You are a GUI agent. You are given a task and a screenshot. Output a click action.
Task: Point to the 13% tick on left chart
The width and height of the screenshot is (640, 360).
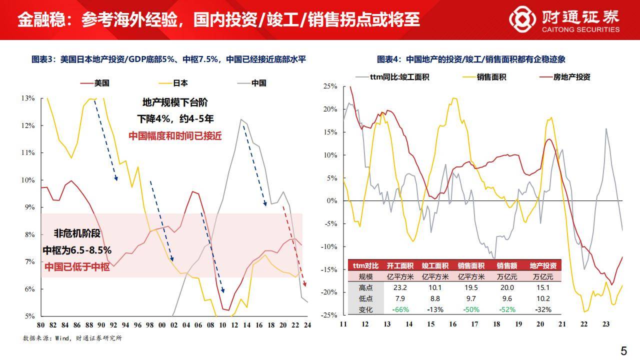point(28,98)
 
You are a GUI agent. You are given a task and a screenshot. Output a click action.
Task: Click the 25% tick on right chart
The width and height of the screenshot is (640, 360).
point(330,86)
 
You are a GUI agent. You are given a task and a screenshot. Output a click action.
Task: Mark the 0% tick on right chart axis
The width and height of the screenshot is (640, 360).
point(332,201)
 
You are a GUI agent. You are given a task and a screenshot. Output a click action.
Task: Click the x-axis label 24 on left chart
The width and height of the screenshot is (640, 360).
point(306,324)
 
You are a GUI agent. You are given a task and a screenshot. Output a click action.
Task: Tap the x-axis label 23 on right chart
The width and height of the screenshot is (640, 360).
point(606,324)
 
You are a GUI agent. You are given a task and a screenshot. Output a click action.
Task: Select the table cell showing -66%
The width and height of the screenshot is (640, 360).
point(400,309)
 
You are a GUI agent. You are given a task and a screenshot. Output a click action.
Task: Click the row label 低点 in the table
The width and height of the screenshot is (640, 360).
point(365,298)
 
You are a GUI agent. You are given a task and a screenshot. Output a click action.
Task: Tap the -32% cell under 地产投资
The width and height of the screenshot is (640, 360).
point(543,309)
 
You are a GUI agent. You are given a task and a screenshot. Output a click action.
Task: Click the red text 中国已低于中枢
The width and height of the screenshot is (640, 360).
point(77,266)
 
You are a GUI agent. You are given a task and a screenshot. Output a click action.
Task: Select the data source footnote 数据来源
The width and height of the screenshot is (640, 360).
point(72,338)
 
